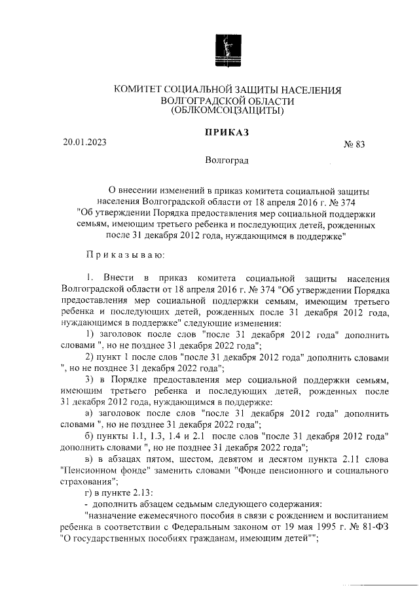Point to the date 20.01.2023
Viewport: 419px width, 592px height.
(x=84, y=142)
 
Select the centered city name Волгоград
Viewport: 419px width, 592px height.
(x=227, y=160)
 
